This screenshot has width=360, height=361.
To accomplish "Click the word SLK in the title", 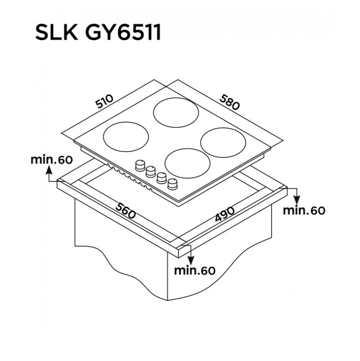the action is point(57,33).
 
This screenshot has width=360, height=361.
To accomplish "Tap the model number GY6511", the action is point(123,33).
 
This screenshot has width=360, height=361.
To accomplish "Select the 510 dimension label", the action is point(105,101).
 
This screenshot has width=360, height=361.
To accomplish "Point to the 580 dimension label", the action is point(230,102).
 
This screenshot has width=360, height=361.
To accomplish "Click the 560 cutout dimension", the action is point(126,210).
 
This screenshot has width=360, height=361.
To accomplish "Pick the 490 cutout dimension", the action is point(225,214).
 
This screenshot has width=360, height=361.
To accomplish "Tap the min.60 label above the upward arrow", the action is point(52,160).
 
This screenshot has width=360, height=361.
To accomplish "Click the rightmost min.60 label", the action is point(304,210).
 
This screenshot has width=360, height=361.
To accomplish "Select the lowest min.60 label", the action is point(195,271).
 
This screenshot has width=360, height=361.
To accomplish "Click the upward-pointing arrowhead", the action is point(49,170).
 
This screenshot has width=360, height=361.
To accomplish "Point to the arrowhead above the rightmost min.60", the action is point(297,200).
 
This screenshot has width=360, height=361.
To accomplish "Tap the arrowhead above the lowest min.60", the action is point(191,260).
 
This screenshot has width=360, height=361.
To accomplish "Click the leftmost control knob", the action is point(140,166).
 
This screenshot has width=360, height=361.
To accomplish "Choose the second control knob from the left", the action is point(151,172).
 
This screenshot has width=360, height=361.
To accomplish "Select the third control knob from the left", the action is point(162,178).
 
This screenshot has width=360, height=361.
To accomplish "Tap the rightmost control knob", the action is point(172,184).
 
